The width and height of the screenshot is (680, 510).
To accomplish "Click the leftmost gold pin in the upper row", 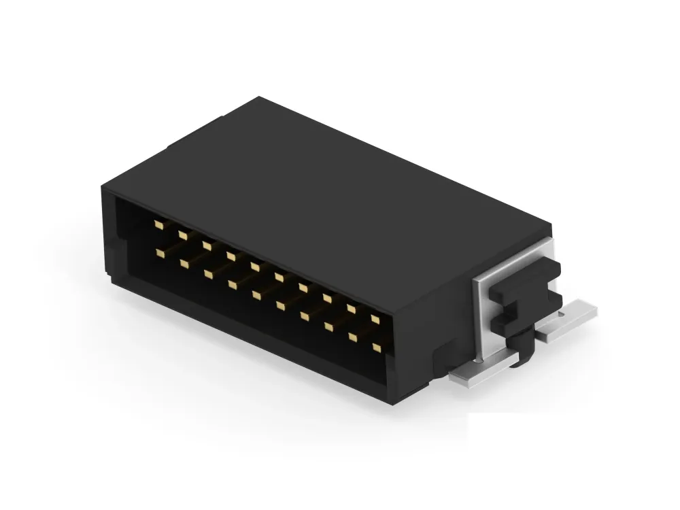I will point(158,224).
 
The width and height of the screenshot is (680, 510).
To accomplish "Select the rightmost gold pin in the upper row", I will point(375,318).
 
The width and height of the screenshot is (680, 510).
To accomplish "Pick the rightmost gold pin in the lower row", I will point(377,347).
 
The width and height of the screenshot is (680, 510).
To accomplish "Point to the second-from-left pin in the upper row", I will point(182,234).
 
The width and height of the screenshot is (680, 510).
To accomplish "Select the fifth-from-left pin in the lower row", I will point(256,294).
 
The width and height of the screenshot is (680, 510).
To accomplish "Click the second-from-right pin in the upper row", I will point(351,307).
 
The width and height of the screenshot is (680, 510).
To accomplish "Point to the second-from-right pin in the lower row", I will point(353,336).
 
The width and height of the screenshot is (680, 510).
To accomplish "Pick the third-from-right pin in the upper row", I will point(327,297).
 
